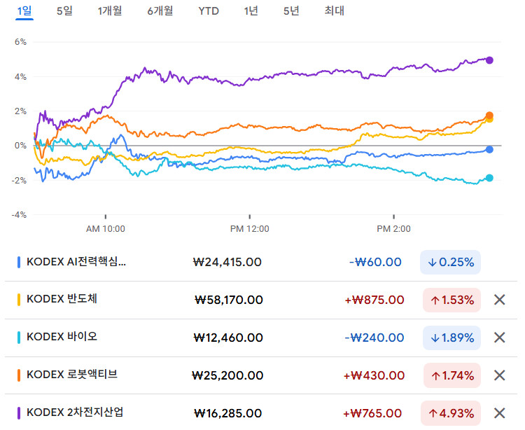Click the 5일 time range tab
point(64,11)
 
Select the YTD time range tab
point(209,11)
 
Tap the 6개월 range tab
point(160,11)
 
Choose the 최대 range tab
point(335,11)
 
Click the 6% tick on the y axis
point(20,42)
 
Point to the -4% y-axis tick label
point(19,215)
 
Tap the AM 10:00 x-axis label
point(106,229)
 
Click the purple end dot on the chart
point(489,60)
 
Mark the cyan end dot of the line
point(489,178)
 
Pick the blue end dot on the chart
point(489,149)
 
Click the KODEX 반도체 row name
point(62,299)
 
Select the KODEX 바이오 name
point(62,337)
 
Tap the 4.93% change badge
point(451,413)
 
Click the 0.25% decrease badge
point(450,262)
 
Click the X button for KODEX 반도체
point(500,300)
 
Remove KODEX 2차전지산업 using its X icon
point(500,413)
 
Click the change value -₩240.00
point(374,338)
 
